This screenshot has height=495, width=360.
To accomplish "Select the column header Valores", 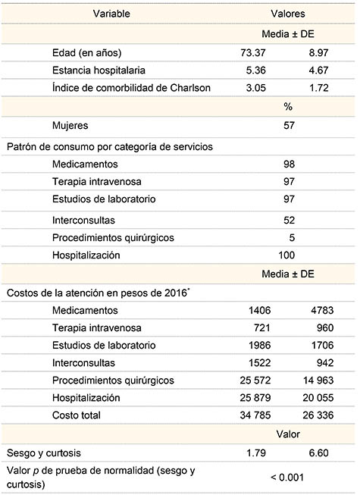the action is tap(288, 14).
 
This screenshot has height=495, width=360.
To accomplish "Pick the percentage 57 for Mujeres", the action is tap(289, 125).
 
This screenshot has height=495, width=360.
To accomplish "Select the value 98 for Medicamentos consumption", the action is tap(289, 164).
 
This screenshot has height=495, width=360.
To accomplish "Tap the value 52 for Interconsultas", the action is tap(289, 220).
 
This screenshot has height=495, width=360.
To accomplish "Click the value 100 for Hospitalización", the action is tap(289, 255).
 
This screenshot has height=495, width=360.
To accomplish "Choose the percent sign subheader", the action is tap(289, 107).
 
